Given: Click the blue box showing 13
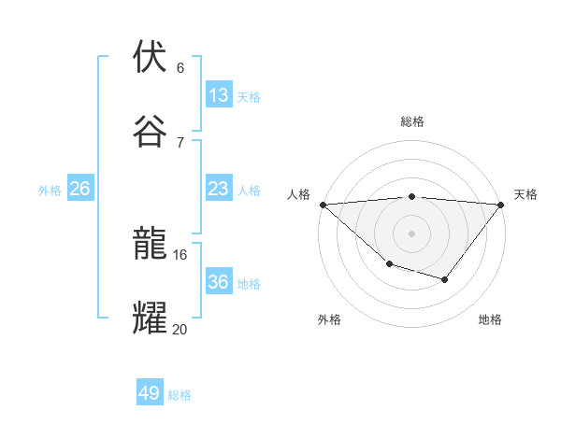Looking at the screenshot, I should tap(219, 95).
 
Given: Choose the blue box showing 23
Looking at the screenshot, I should tap(219, 189).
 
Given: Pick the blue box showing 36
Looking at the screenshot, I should tap(219, 282).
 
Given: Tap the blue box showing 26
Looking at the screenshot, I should tap(80, 189).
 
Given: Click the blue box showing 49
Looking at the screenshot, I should tap(150, 393).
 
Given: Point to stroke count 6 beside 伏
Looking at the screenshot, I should tap(180, 68).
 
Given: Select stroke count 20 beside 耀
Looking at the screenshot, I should tap(180, 329).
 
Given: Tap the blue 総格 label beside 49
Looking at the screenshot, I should tap(180, 395).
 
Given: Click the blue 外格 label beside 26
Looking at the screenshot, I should tap(50, 191).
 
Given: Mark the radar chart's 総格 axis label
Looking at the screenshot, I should tap(412, 121).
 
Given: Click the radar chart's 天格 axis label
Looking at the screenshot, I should tap(525, 194).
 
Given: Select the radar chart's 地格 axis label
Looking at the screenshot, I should tap(490, 319).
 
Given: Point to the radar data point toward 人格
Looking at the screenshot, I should tap(323, 204).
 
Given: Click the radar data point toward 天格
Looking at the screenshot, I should tap(501, 205).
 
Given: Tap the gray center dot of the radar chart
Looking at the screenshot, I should tap(411, 233).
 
